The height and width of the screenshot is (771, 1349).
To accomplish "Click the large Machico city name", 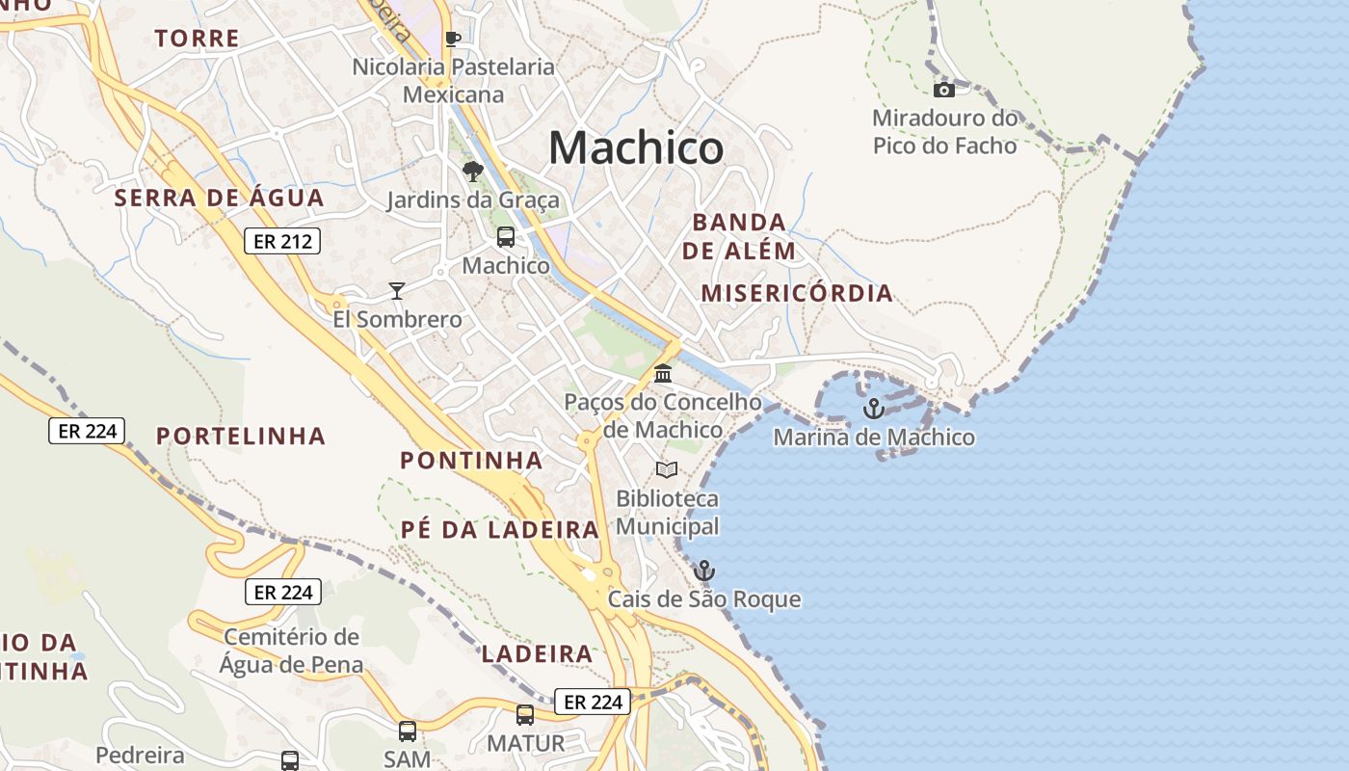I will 636,148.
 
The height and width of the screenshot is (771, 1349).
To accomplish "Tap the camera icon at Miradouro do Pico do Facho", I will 944,90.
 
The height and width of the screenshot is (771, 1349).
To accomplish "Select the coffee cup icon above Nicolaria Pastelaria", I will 453,39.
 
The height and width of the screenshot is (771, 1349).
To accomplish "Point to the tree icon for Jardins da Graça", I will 472,172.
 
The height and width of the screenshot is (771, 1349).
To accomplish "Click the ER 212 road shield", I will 281,241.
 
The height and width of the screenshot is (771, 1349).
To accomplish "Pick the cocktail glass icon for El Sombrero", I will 396,290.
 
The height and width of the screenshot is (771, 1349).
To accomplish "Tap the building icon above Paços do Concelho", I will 663,373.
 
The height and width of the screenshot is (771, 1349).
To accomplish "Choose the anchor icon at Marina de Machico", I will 874,409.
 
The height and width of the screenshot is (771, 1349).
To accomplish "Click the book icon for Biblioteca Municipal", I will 667,470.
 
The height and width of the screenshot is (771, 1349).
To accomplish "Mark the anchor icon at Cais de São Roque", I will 704,571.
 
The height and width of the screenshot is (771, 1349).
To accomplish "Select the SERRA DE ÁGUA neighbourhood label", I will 220,199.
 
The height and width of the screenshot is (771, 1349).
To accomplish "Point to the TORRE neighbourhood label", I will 197,39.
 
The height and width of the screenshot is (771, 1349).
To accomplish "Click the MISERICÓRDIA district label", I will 797,293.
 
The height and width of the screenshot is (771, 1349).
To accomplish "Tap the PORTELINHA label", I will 241,436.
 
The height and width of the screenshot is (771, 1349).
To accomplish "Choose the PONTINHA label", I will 471,461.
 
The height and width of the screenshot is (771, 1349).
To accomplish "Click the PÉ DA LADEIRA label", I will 500,529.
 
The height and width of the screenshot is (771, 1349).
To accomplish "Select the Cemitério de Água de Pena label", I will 291,651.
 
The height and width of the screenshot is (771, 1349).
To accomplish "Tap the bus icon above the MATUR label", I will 525,715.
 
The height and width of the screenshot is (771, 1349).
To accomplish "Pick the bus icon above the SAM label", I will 408,731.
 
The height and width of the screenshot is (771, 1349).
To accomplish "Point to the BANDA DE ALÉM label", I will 739,236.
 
